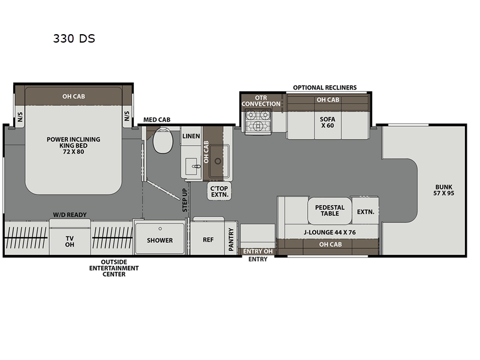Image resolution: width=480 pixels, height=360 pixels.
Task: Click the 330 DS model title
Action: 74,38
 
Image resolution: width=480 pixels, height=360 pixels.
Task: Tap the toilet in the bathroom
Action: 163,140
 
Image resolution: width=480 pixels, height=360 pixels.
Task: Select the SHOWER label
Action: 160,241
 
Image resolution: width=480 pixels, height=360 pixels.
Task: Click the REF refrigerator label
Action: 208,239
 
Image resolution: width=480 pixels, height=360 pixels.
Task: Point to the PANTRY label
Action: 231,239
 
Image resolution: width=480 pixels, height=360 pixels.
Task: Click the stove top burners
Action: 258,122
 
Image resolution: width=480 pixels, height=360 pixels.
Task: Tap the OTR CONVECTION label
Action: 261,101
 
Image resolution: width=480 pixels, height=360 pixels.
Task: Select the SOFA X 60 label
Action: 328,122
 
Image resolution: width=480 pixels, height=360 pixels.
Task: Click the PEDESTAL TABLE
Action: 329,211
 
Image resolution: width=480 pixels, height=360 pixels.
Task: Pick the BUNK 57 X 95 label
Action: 444,190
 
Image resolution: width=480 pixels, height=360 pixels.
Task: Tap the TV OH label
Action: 70,241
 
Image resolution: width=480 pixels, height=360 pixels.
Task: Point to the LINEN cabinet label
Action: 191,136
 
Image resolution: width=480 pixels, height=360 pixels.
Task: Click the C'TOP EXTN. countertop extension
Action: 219,191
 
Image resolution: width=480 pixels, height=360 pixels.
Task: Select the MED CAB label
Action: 157,119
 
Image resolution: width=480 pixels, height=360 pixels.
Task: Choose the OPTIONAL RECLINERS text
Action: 325,88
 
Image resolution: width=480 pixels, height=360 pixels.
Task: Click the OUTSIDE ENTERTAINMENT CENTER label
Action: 114,268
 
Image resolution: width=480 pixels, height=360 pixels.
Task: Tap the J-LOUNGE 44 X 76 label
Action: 329,232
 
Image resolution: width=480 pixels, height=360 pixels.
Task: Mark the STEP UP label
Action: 185,200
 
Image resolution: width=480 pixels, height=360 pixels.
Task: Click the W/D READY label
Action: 70,215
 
